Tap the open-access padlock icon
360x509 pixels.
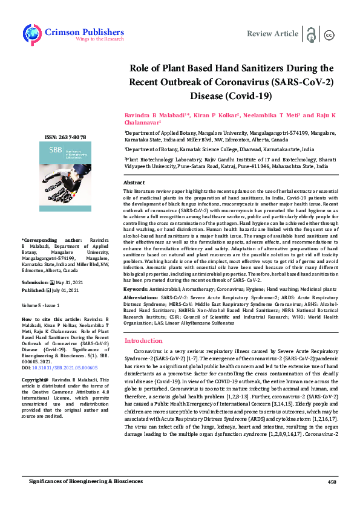[312, 34]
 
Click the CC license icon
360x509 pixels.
[330, 34]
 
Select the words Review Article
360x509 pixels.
[273, 34]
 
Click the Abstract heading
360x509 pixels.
[134, 182]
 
